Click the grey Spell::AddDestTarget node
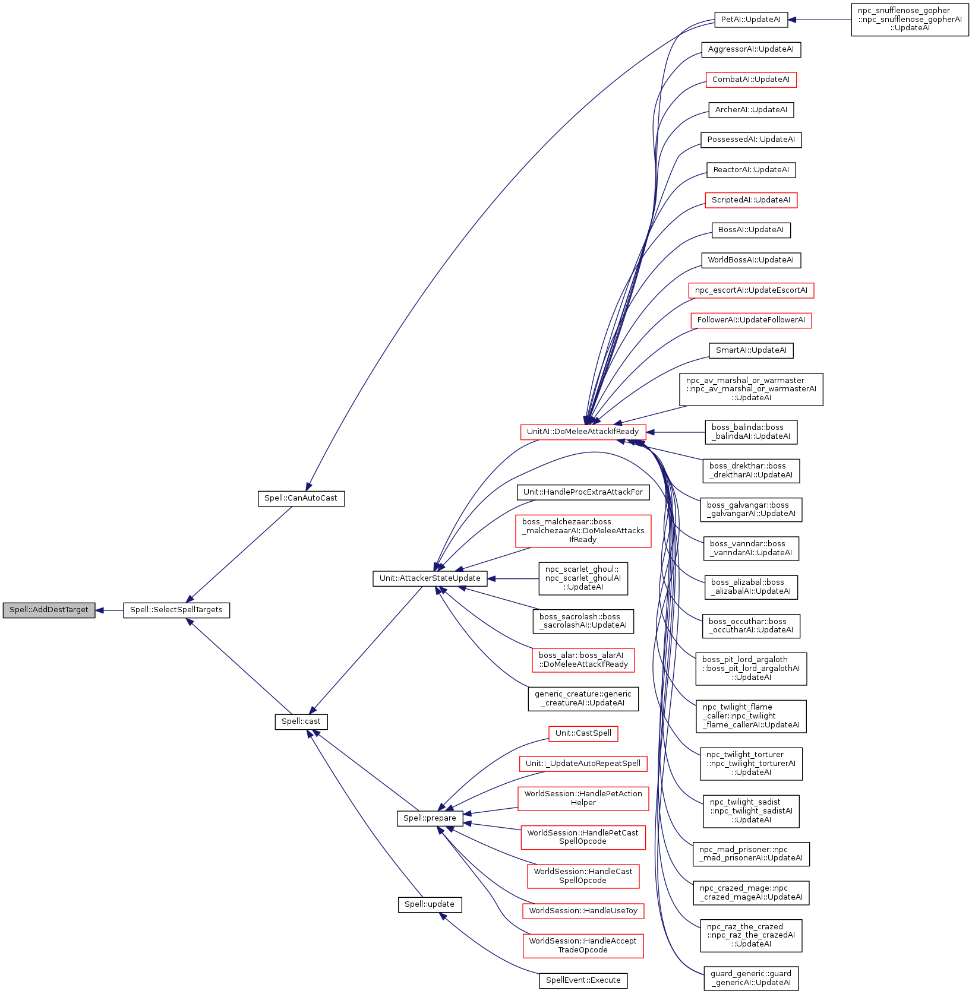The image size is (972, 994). point(49,610)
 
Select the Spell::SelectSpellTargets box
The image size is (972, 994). point(176,610)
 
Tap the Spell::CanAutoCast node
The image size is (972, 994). point(301,498)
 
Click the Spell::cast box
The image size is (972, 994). point(301,721)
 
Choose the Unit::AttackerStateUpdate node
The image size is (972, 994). point(430,578)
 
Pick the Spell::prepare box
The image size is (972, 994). point(430,818)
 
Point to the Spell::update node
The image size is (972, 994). point(430,904)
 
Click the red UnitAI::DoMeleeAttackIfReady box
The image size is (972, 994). point(583,432)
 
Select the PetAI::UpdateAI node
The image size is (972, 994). point(751,20)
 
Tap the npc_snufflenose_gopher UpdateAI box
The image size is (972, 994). point(910,20)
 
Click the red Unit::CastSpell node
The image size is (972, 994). point(583,733)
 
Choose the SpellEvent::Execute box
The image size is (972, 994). point(583,980)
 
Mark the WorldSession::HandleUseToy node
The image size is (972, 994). point(583,911)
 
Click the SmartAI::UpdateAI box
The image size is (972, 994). point(751,350)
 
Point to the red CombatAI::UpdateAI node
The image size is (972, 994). point(751,80)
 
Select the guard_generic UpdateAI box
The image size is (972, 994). point(751,978)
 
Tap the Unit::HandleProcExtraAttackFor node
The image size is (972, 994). point(583,492)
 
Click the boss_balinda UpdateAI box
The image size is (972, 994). point(751,432)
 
